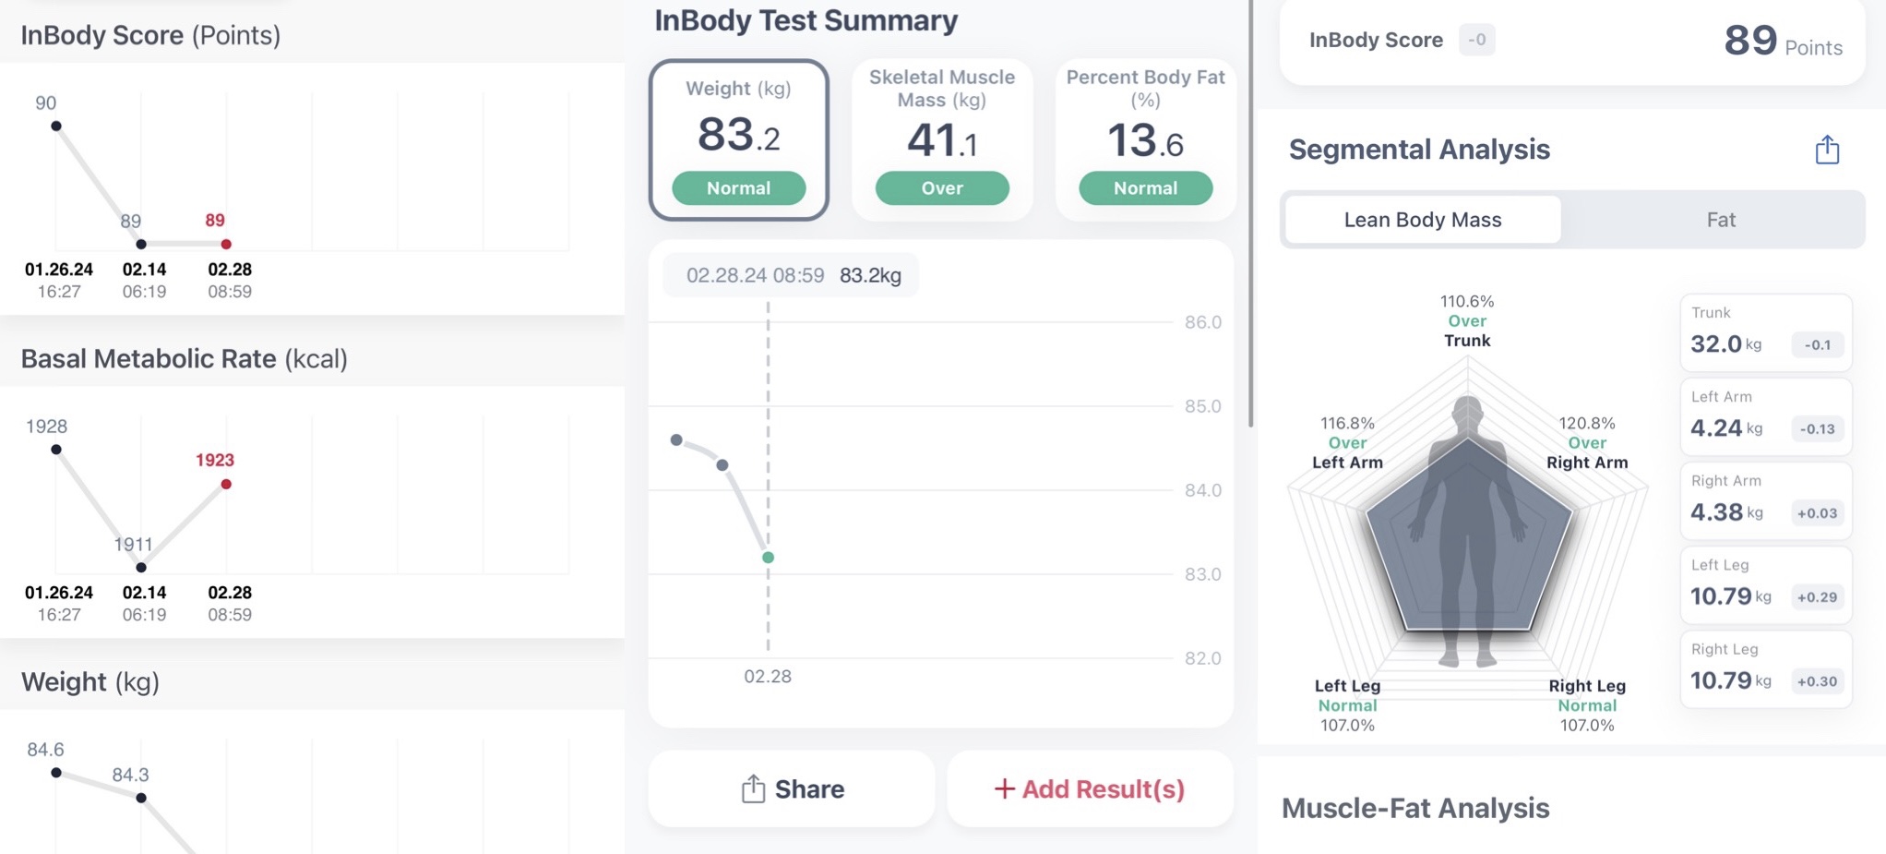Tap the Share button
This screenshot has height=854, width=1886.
792,788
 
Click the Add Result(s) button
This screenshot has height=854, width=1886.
1090,788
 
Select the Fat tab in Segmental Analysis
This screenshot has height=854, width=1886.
1720,220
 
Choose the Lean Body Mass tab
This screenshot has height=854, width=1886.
1422,220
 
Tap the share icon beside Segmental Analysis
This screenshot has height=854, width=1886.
1826,150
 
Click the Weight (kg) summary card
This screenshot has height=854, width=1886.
738,138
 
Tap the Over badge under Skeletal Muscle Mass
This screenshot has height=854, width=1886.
941,188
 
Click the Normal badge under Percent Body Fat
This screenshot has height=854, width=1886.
1144,188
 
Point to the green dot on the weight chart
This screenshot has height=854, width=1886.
768,558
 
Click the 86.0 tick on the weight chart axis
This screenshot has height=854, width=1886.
1202,322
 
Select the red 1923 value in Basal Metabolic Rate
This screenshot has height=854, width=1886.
215,460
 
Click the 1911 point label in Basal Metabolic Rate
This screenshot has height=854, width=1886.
133,545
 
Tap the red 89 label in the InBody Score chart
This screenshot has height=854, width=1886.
215,221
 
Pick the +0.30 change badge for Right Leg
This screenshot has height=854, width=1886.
1816,681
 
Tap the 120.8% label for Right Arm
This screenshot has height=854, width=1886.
1586,423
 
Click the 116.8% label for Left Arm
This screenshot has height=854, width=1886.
1347,423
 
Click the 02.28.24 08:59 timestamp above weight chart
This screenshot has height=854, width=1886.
755,275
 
